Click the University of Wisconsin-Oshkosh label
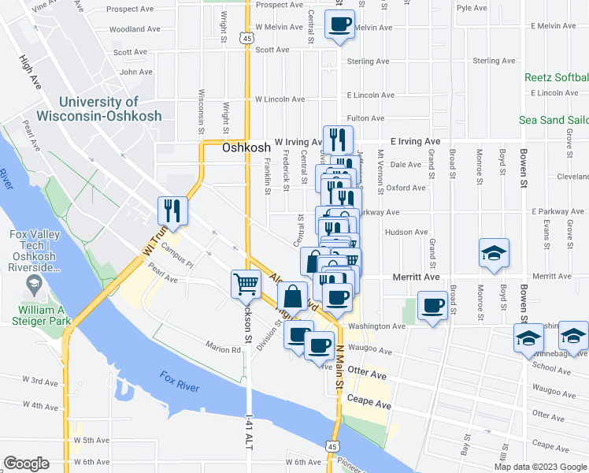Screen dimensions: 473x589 (x=109, y=109)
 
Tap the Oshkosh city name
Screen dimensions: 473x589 (x=246, y=147)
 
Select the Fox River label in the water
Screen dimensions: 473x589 (x=177, y=382)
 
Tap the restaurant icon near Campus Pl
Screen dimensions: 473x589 (x=172, y=210)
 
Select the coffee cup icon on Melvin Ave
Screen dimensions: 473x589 (x=339, y=24)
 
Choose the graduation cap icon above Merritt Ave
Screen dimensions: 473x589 (x=493, y=255)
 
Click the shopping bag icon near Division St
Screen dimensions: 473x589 (x=292, y=297)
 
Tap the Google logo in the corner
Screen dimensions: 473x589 (x=26, y=464)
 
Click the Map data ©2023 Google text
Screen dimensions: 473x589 (x=540, y=466)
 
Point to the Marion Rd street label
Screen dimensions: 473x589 (x=224, y=349)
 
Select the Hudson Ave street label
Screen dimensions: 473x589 (x=406, y=233)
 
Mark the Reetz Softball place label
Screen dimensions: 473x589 (x=557, y=77)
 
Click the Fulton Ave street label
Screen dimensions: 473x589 (x=365, y=118)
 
